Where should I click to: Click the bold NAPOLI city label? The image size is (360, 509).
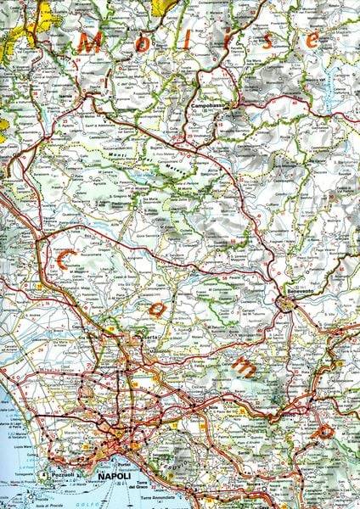[x=115, y=478]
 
